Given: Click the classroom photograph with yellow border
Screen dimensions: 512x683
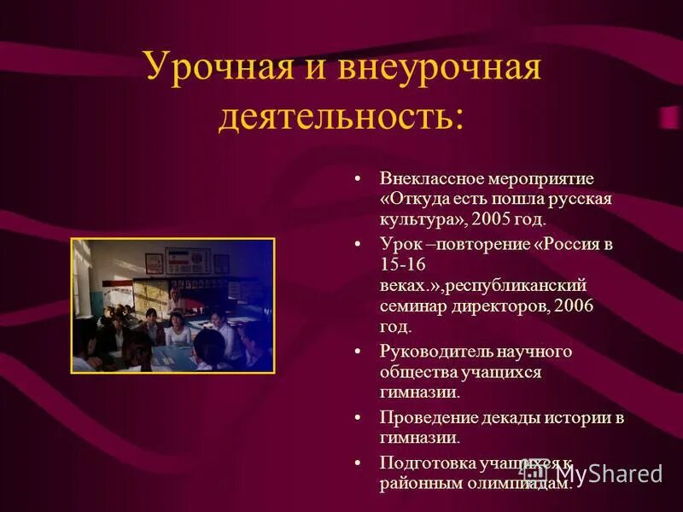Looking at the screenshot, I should click(172, 305).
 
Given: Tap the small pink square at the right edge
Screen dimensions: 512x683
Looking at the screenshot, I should click(669, 117).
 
